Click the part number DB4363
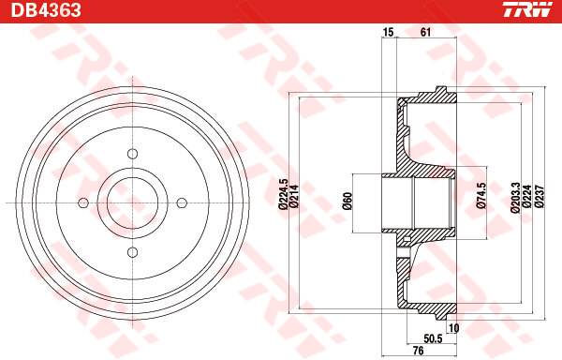pos(46,9)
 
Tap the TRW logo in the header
pos(527,9)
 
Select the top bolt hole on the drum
pos(133,154)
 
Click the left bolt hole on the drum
pos(83,203)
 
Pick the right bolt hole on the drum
pos(182,203)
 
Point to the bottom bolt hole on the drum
pos(133,252)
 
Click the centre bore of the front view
pos(133,203)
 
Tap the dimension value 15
pos(388,32)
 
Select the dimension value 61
pos(425,32)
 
